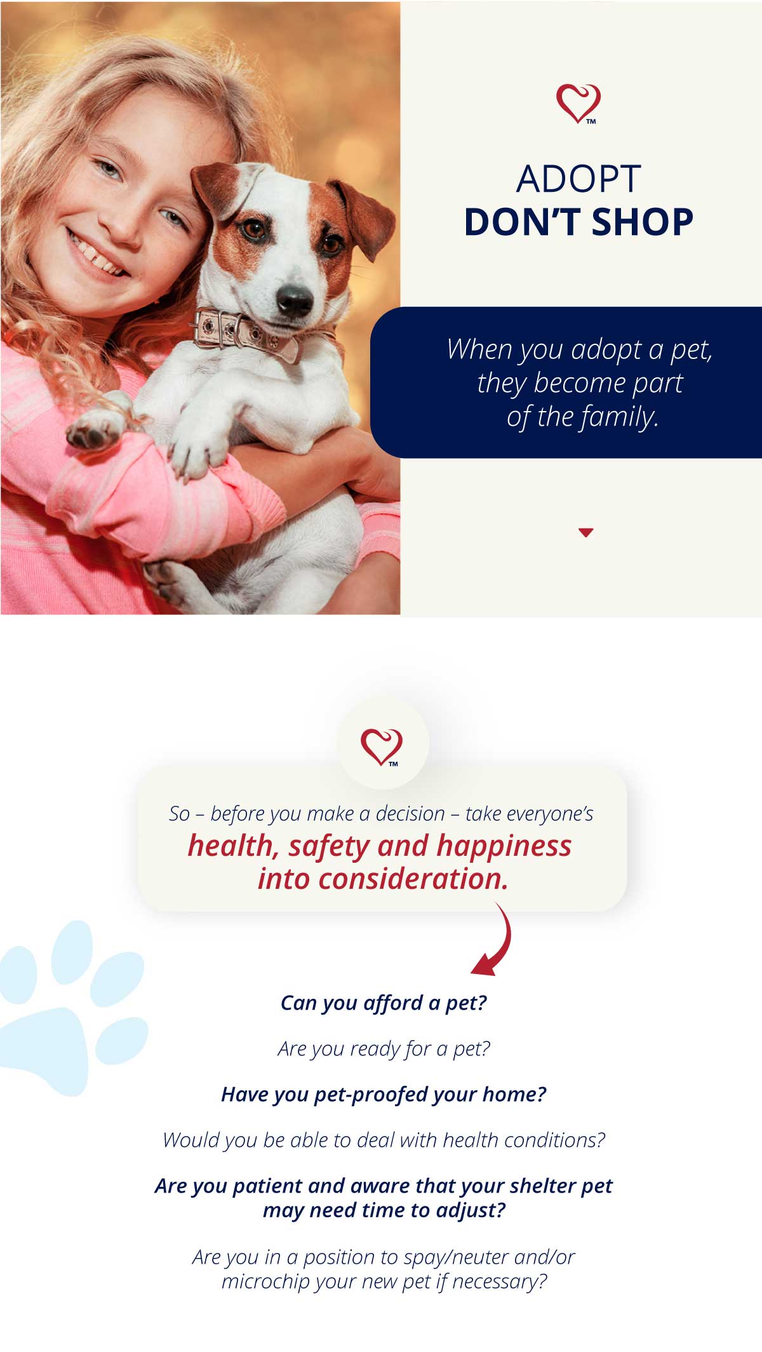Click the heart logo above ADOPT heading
click(x=578, y=104)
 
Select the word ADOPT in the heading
click(x=578, y=179)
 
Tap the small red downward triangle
click(x=586, y=532)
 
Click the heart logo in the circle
click(x=382, y=747)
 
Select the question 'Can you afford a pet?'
click(x=384, y=1003)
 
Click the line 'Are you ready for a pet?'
click(x=384, y=1049)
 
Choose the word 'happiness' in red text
click(x=504, y=847)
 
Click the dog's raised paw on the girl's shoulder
click(x=95, y=428)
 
